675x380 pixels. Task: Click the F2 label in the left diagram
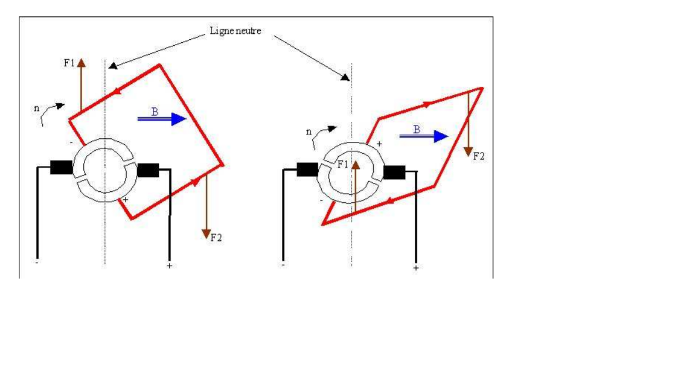pyautogui.click(x=216, y=237)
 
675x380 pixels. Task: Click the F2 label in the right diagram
pyautogui.click(x=478, y=157)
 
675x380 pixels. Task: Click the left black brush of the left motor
pyautogui.click(x=61, y=167)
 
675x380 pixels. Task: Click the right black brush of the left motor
pyautogui.click(x=147, y=170)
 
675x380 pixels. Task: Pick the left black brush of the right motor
pyautogui.click(x=306, y=169)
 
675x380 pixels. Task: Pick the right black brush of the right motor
pyautogui.click(x=394, y=172)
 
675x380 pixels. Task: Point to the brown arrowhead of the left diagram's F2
pyautogui.click(x=206, y=233)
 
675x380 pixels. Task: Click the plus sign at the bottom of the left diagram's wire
pyautogui.click(x=169, y=266)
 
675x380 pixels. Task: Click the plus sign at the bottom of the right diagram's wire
pyautogui.click(x=416, y=268)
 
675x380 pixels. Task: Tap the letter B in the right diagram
pyautogui.click(x=416, y=130)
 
